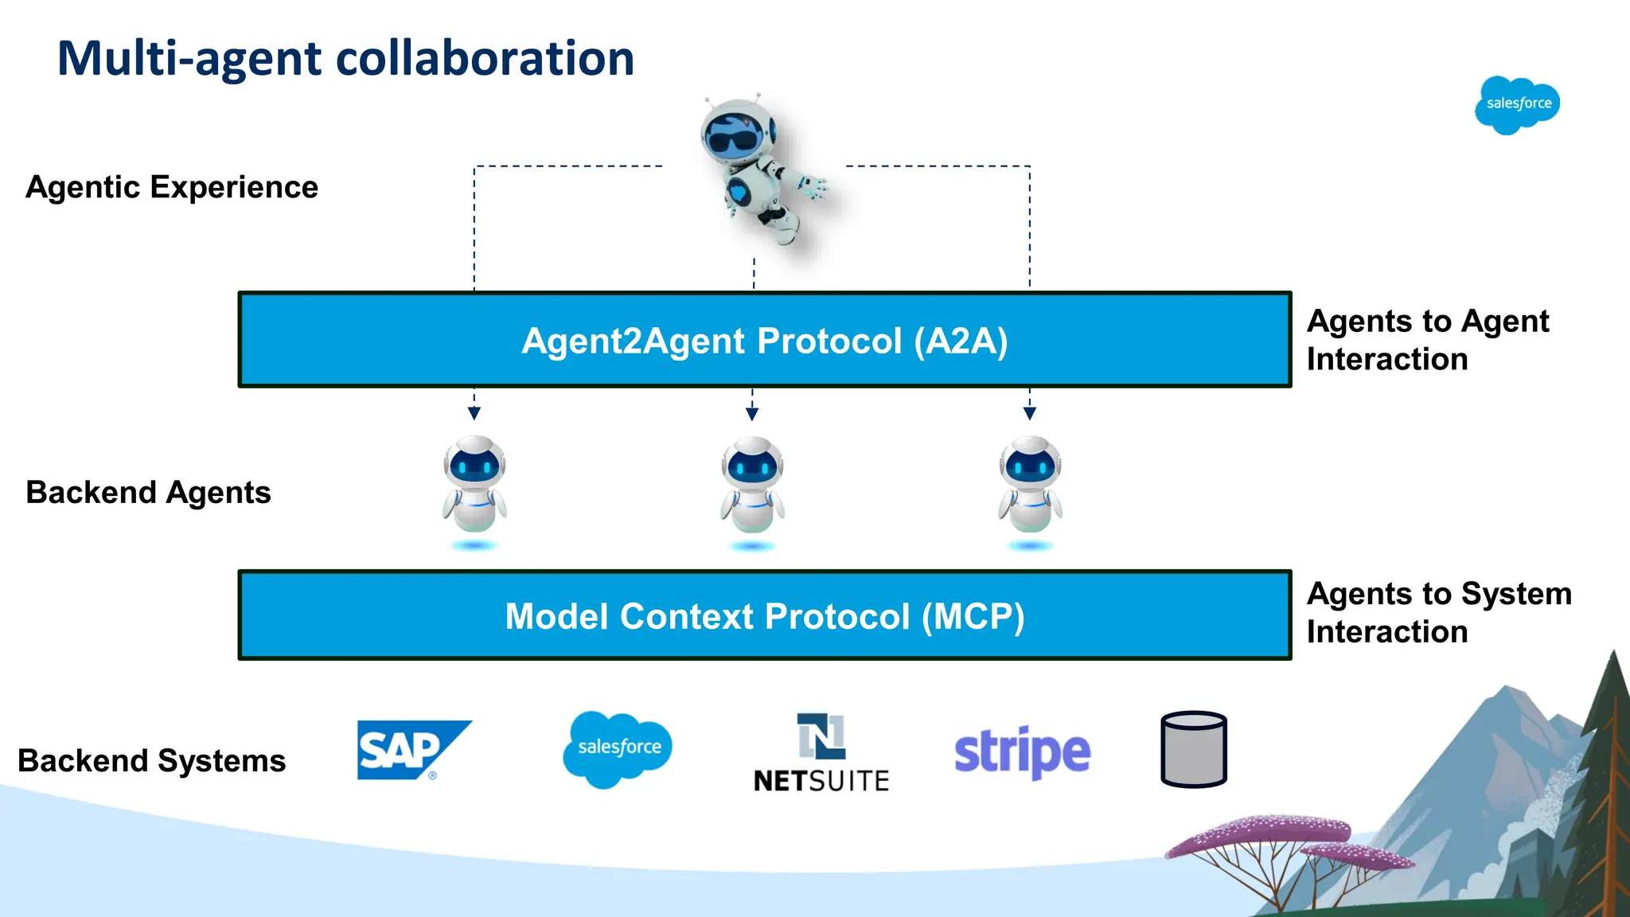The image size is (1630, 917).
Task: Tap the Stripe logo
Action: click(x=1022, y=751)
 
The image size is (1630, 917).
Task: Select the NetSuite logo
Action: click(x=821, y=753)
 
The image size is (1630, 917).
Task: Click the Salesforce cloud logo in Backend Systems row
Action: click(x=618, y=748)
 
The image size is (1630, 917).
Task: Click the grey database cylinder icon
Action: click(x=1193, y=749)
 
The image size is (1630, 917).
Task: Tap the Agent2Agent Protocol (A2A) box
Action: click(x=764, y=341)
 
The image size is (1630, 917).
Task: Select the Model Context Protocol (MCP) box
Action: click(x=764, y=615)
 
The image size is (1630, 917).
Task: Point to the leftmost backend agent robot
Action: click(x=474, y=486)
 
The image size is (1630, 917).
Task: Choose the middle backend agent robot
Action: click(x=752, y=486)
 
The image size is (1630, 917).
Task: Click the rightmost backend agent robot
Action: click(x=1030, y=486)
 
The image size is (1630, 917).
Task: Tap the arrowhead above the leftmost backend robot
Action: click(x=474, y=413)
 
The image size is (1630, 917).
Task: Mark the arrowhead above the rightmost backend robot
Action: click(x=1030, y=413)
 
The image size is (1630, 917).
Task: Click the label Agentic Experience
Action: click(x=172, y=188)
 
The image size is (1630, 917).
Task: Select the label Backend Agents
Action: click(x=148, y=493)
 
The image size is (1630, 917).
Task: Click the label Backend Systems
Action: click(x=151, y=761)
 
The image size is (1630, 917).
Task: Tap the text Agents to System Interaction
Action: click(x=1438, y=613)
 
